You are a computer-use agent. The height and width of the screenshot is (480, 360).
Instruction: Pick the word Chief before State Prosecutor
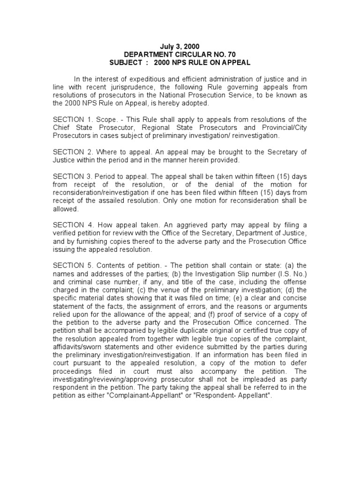coord(61,127)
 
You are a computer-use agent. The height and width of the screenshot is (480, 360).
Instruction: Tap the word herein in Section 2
coord(190,160)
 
